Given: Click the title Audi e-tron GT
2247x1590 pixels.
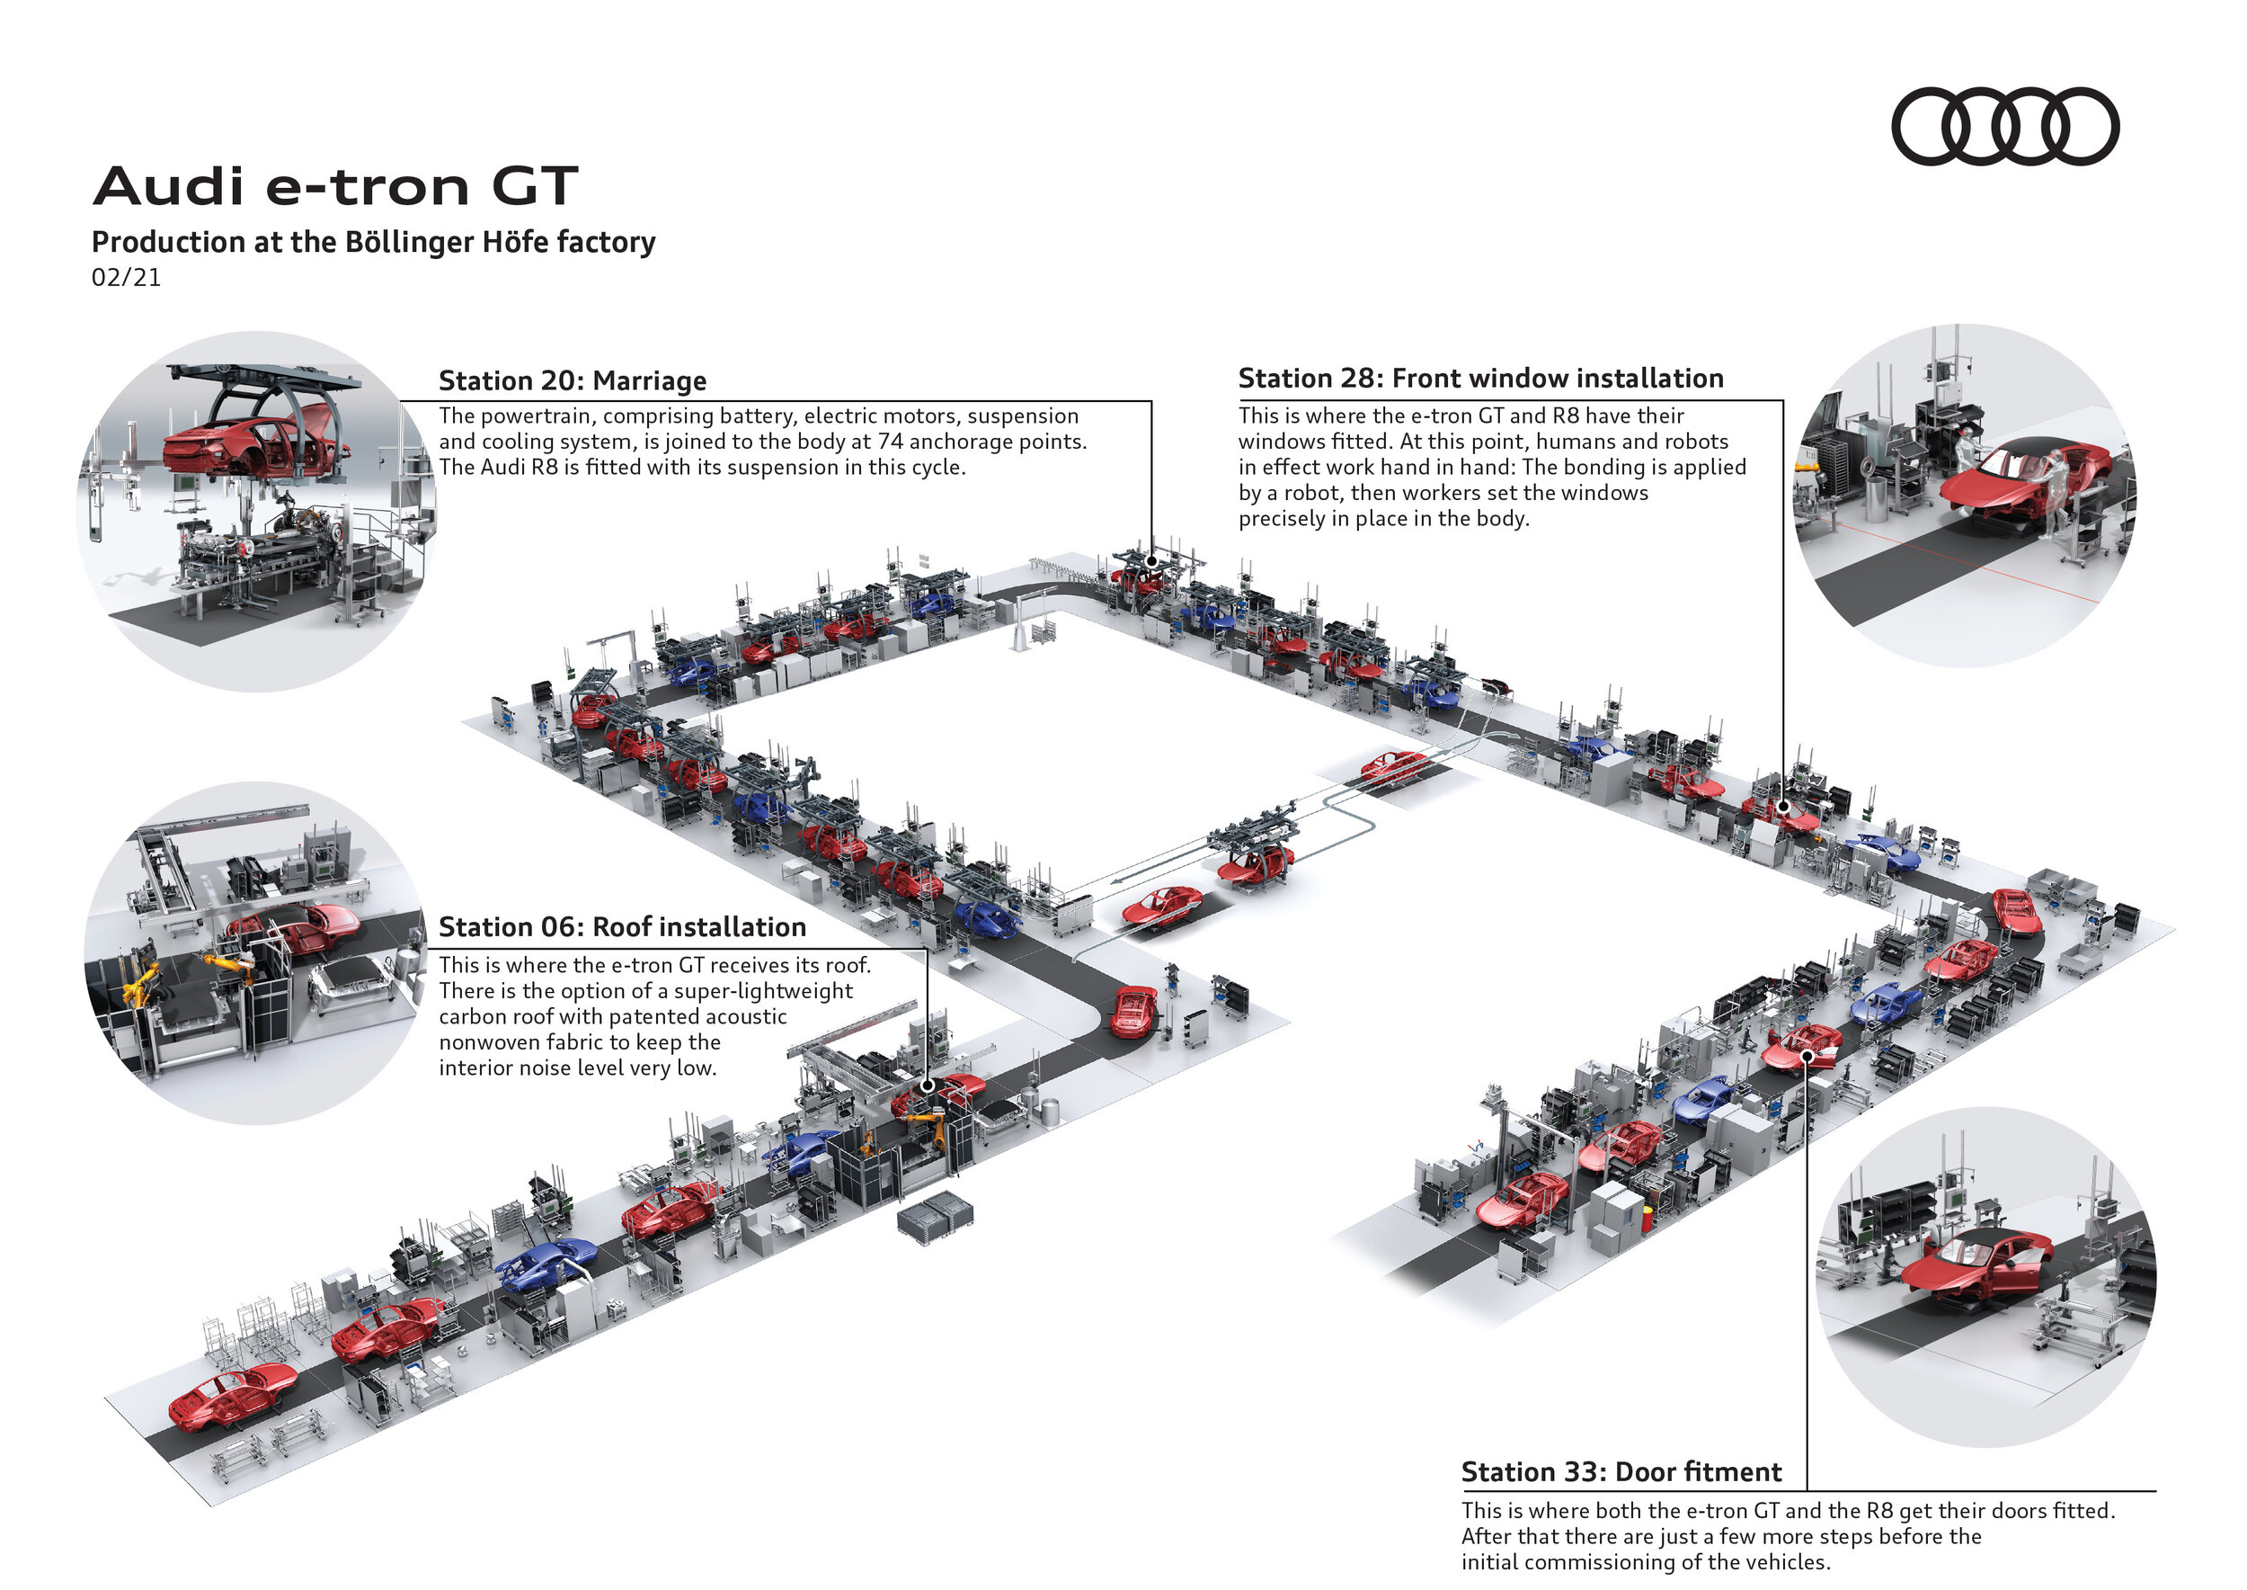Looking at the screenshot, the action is coord(335,186).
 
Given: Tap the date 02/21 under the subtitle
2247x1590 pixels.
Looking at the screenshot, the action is coord(125,277).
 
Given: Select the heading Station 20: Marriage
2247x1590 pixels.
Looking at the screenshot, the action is coord(572,380).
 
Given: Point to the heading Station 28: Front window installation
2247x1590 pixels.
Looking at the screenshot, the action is coord(1479,378).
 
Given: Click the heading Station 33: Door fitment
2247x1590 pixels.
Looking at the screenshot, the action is coord(1621,1471).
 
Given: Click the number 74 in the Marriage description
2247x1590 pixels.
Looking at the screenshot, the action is coord(890,442).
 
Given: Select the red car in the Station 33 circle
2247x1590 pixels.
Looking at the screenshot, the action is coord(1975,1268).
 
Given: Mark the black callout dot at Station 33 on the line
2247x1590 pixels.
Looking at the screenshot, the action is coord(1807,1056).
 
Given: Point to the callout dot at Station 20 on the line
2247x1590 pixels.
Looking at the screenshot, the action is coord(1152,562).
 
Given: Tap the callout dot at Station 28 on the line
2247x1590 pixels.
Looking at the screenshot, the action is coord(1783,807).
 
